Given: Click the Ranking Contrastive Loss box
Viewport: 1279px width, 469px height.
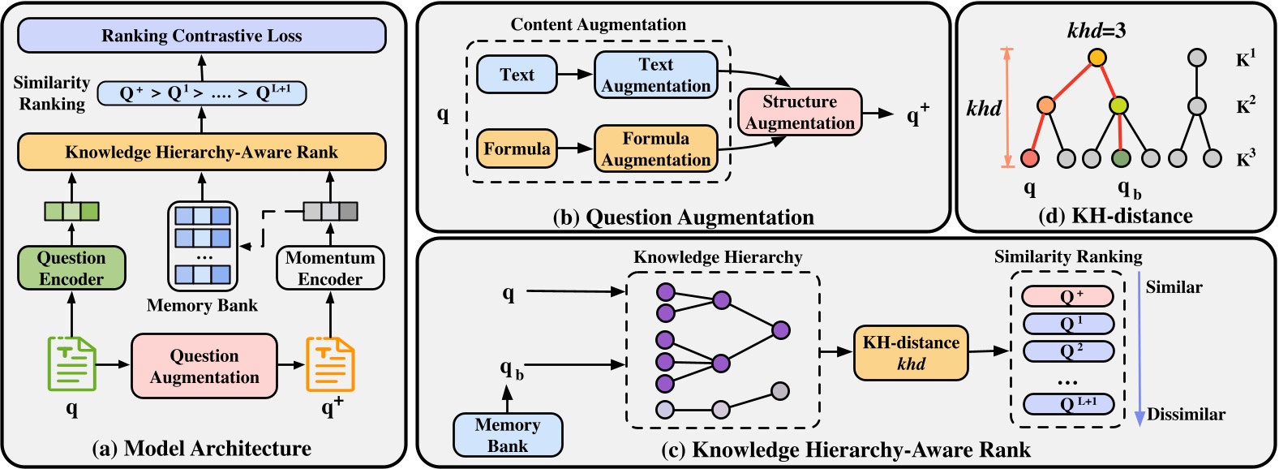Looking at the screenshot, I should [201, 36].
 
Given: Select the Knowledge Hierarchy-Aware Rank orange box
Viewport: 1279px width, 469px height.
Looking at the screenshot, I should [201, 152].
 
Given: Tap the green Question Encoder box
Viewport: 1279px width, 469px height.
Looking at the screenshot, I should [71, 269].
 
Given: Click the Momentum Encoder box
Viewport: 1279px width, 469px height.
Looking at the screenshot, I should [330, 269].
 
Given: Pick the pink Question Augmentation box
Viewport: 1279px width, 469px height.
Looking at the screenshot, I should [204, 366].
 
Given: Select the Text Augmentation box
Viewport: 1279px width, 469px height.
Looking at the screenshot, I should [655, 75].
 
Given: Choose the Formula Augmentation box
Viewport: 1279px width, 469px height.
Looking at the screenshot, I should [655, 148].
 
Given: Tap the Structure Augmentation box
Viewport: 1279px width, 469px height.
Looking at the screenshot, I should [800, 112].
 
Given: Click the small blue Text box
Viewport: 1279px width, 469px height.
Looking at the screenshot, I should [517, 75].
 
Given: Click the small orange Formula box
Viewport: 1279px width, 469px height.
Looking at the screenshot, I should [517, 148].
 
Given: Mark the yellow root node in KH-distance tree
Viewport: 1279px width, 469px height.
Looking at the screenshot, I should [1097, 58].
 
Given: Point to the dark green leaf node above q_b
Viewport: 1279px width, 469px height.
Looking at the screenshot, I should [1122, 158].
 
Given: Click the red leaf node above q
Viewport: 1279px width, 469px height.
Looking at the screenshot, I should [1030, 158].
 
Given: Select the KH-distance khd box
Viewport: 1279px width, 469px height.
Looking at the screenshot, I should [911, 353].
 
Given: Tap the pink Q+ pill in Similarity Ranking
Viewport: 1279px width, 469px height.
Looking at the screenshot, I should [1067, 296].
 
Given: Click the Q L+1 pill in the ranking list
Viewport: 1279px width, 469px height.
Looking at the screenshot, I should [1067, 403].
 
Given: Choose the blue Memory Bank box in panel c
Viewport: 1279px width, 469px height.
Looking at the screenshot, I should [507, 435].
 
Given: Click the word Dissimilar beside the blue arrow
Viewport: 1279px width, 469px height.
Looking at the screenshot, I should [1186, 415].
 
